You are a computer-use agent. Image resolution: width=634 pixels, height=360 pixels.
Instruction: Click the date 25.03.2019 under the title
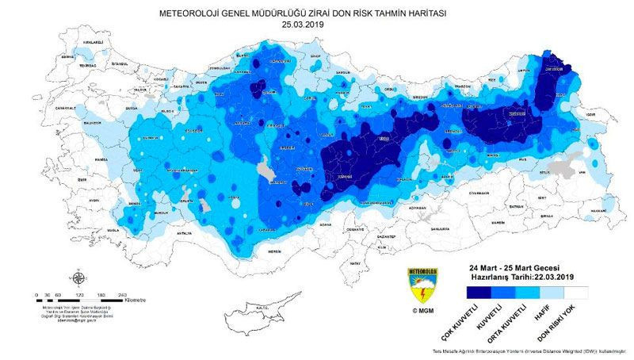tap(304, 25)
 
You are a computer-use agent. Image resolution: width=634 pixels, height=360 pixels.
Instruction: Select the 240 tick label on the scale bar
tap(122, 295)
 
